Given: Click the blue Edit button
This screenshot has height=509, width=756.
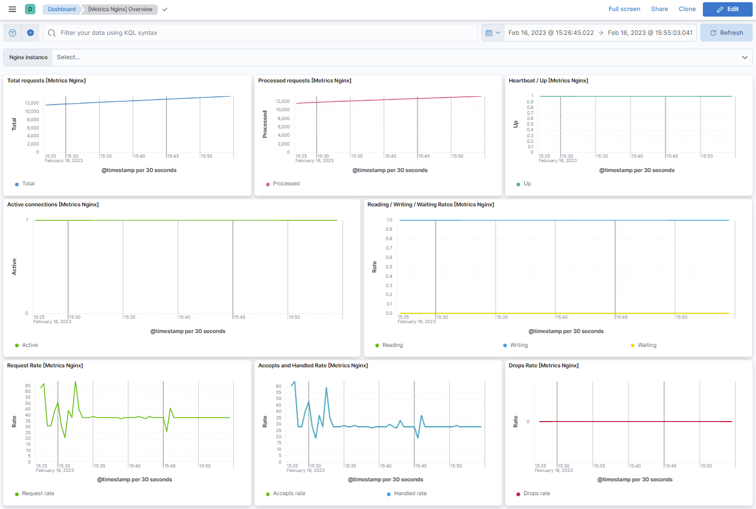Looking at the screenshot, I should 727,9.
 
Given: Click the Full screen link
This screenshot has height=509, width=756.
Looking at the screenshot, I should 624,9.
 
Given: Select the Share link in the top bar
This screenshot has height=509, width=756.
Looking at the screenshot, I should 659,9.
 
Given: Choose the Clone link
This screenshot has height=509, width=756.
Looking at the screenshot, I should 687,9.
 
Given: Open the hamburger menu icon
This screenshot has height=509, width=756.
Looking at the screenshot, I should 12,9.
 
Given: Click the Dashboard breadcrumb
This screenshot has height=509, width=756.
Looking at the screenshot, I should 61,9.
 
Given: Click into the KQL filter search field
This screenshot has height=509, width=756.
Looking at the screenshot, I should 260,33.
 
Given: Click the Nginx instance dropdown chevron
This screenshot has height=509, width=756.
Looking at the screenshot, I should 744,58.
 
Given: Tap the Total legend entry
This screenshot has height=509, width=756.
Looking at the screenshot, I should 28,184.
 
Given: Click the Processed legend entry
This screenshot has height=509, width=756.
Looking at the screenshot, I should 286,184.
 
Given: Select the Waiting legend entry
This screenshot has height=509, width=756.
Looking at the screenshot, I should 646,345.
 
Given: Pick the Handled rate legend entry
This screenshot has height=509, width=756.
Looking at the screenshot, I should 410,494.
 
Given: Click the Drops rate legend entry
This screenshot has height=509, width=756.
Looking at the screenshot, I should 536,494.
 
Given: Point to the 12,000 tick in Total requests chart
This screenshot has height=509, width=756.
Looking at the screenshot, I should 32,103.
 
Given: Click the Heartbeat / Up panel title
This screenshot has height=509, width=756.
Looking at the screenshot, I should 548,81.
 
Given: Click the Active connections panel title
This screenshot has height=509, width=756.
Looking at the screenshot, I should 53,205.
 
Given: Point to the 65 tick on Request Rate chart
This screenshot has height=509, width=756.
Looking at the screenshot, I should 28,386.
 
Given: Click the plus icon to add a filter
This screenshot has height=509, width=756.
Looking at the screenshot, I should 30,33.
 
